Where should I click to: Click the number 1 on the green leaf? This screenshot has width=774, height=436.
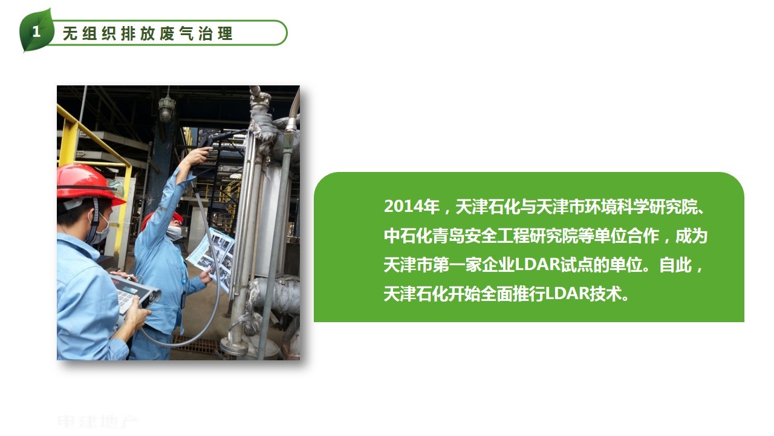36,32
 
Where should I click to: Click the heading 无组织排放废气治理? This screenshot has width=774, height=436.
148,34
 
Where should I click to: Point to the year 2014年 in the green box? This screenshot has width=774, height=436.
412,206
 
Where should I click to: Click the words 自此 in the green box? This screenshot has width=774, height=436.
675,265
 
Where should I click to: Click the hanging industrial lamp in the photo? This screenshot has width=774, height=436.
167,107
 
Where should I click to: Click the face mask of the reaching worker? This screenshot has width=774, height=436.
175,233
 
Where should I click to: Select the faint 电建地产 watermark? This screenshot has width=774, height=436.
97,423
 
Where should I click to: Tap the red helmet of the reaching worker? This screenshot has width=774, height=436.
163,220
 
